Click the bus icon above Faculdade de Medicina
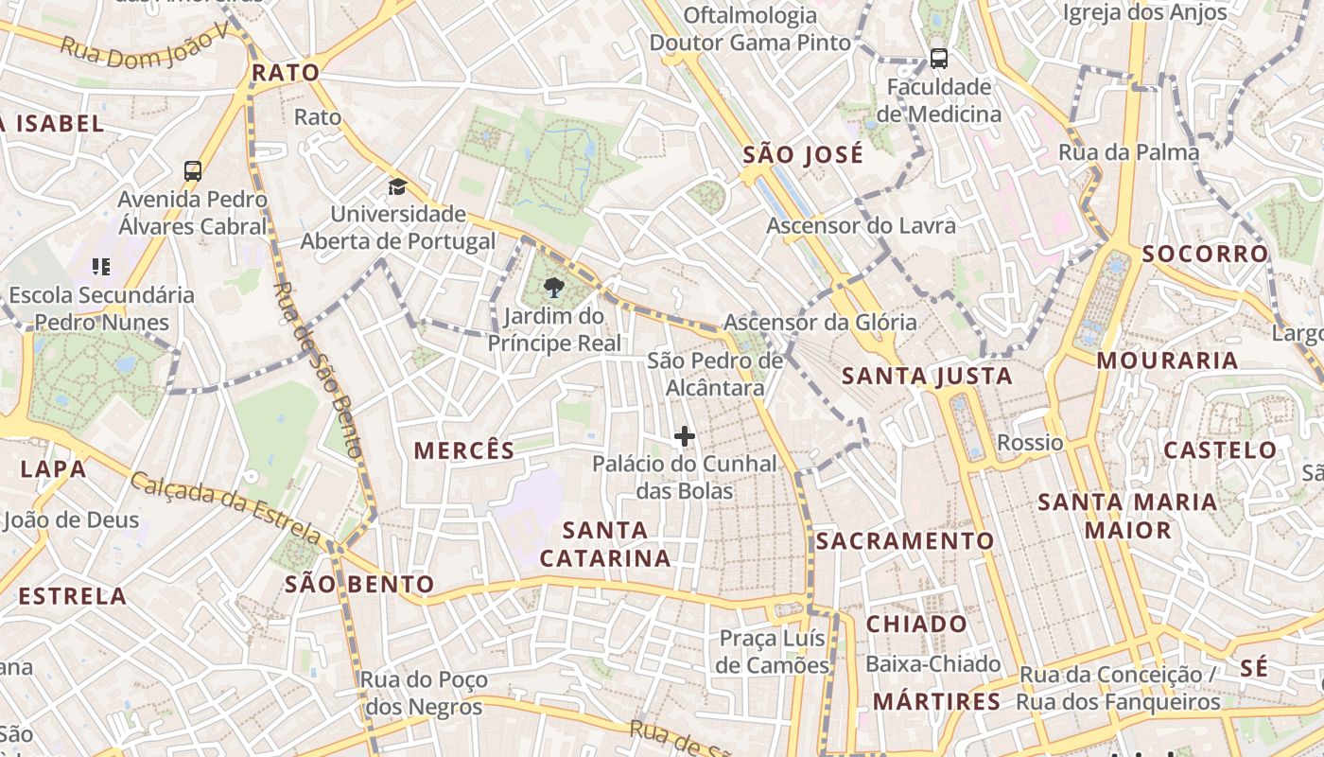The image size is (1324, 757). pos(938,59)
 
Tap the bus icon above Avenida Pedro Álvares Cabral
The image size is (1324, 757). pos(193,171)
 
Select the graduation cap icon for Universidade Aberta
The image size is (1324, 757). pos(397,186)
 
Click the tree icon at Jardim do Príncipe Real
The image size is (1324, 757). pos(555,288)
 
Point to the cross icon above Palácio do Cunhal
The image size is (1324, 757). pos(685,436)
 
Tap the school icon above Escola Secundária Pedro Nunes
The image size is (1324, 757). pos(101,267)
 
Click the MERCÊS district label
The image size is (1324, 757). pos(464,450)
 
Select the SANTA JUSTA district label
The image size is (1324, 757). pos(927,376)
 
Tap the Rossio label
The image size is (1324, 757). pos(1030,442)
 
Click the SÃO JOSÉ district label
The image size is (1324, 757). pos(803,154)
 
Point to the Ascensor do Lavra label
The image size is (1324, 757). pos(861,225)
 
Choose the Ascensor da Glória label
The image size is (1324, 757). pos(820,322)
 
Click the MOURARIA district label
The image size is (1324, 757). pos(1167,360)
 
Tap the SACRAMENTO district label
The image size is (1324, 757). pos(905,540)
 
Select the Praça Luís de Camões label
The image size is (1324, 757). pos(772,651)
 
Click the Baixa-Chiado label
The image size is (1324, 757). pos(932,663)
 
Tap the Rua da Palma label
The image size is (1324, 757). pos(1128,151)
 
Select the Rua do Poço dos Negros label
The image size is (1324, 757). pos(424,693)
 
